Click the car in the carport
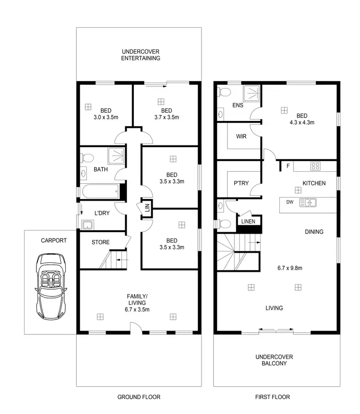[x=50, y=286]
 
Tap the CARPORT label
[x=54, y=240]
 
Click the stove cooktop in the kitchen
[x=315, y=166]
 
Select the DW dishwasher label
[x=290, y=202]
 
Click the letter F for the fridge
[x=288, y=166]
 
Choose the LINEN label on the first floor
[x=248, y=222]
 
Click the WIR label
[x=241, y=136]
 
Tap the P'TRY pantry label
[x=241, y=183]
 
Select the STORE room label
[x=100, y=242]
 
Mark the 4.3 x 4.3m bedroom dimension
[x=301, y=122]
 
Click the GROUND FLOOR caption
[x=139, y=397]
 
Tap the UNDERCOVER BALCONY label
[x=274, y=360]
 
